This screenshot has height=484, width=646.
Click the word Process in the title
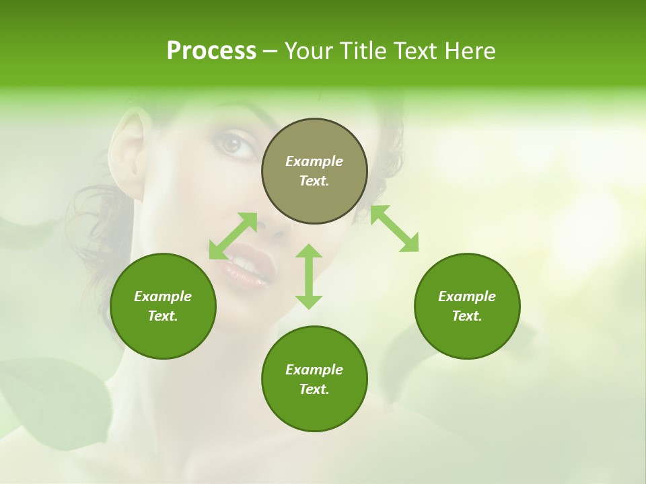point(211,51)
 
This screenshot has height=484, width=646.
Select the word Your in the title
point(308,51)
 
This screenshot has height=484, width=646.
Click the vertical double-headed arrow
point(309,276)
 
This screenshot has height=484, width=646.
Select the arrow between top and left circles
point(233,236)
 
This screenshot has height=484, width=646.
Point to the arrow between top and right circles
point(395,229)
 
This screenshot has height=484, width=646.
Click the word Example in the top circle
point(314,161)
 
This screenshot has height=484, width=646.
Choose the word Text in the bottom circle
point(314,389)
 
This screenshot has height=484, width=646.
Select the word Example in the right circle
point(467,296)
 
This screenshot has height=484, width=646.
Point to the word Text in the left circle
point(163,316)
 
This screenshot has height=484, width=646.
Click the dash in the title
point(270,52)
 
